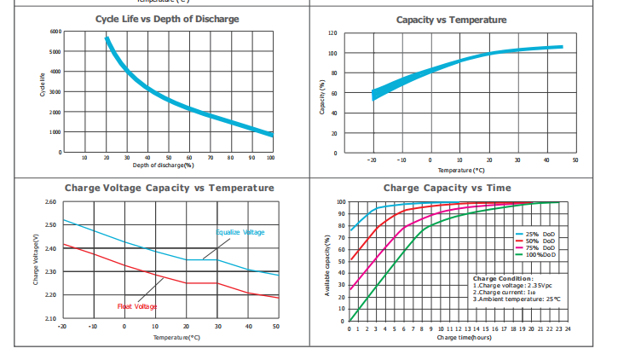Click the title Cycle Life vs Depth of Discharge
[x=166, y=19]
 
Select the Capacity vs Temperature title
[x=452, y=20]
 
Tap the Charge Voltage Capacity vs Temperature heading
[x=170, y=188]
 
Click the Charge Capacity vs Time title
[x=448, y=188]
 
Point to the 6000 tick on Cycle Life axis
[x=55, y=32]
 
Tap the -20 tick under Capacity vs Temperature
[x=372, y=160]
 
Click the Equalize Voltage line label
[x=240, y=232]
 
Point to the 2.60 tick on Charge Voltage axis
[x=50, y=203]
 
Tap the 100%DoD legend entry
[x=540, y=254]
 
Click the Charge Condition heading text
[x=503, y=278]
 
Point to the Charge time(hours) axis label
[x=464, y=338]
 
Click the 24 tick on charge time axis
[x=567, y=328]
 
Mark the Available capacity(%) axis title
[x=327, y=264]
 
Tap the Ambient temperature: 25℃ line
[x=517, y=299]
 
